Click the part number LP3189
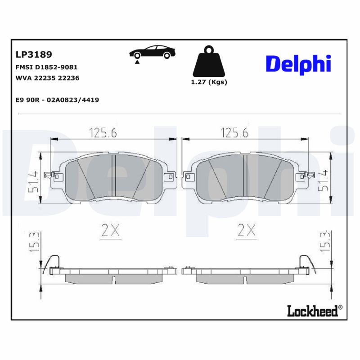[x=34, y=54]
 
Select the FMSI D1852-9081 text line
[x=46, y=67]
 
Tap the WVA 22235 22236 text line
[x=47, y=78]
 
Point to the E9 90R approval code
[x=57, y=100]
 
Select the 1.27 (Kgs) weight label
[x=209, y=82]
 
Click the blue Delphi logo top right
[x=298, y=64]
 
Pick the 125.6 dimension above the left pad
[x=103, y=132]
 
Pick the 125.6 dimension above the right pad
[x=234, y=132]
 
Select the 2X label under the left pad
[x=110, y=231]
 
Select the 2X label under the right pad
[x=246, y=231]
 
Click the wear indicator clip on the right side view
[x=304, y=262]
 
